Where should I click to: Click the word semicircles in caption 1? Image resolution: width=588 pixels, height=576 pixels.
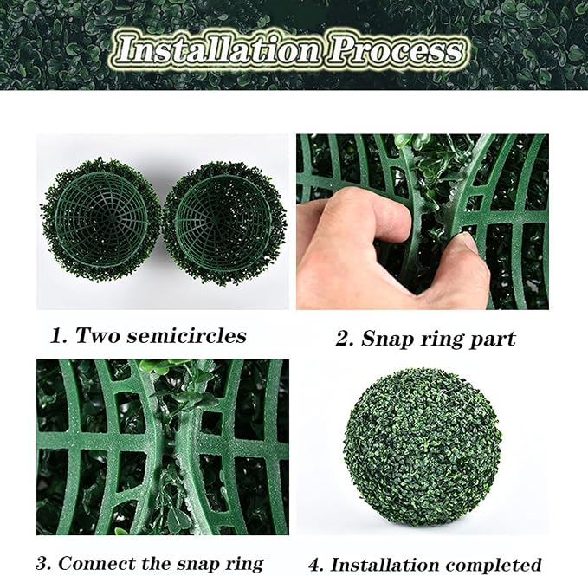[186, 335]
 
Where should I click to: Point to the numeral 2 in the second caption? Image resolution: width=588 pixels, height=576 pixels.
[343, 339]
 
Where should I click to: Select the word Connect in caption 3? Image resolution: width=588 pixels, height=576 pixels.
[97, 563]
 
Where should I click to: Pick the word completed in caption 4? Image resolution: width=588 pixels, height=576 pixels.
[494, 566]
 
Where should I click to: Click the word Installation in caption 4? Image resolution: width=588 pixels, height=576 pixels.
[384, 565]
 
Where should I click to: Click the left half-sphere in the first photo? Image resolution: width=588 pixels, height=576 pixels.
[101, 220]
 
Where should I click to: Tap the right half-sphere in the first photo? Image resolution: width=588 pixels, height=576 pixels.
[224, 223]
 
